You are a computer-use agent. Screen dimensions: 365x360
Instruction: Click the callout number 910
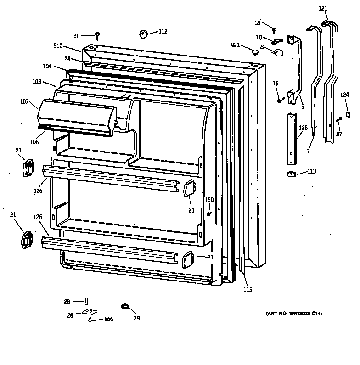point(58,46)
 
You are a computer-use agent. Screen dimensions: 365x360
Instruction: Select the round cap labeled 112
point(143,33)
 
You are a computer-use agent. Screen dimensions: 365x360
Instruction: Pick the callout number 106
point(35,142)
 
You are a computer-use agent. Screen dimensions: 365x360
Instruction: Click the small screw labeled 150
point(209,213)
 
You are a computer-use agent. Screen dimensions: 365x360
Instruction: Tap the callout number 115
point(247,290)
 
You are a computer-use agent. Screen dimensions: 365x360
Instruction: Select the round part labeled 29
point(124,306)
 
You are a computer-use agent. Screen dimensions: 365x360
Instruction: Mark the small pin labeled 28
point(86,301)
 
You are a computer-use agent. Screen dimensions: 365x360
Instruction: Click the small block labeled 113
point(291,174)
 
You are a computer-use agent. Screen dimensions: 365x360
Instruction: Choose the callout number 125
point(303,128)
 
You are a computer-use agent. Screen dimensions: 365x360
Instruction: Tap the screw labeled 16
point(279,100)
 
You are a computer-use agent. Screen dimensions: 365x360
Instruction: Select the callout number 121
point(323,9)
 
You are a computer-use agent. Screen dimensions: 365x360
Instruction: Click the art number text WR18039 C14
point(294,314)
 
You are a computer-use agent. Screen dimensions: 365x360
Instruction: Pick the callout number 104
point(48,67)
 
